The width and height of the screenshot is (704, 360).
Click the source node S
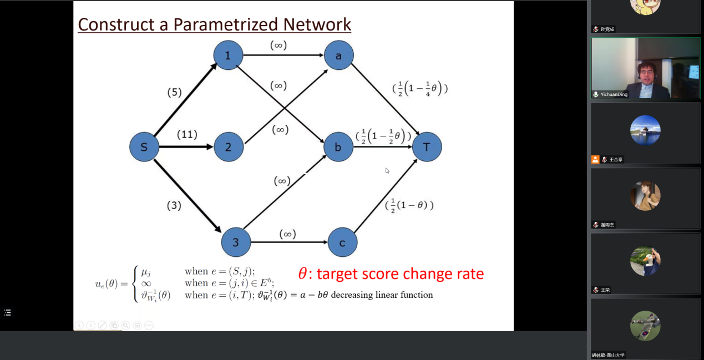(144, 148)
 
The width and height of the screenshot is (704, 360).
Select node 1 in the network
(228, 55)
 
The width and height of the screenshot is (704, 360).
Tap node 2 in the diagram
(229, 148)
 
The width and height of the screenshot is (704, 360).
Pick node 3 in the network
(236, 242)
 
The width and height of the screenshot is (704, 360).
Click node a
(338, 55)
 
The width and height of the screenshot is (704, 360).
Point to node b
(338, 147)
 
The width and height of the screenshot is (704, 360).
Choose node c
(342, 242)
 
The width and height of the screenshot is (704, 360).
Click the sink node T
(427, 147)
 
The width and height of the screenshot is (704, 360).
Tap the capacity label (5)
(175, 92)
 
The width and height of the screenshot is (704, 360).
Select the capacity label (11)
(188, 134)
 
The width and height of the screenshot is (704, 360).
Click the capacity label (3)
(174, 205)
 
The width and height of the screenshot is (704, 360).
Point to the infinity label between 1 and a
(278, 45)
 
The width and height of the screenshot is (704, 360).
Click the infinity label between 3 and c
(287, 234)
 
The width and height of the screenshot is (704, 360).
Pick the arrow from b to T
(383, 147)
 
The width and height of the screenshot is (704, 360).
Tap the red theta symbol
(302, 274)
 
